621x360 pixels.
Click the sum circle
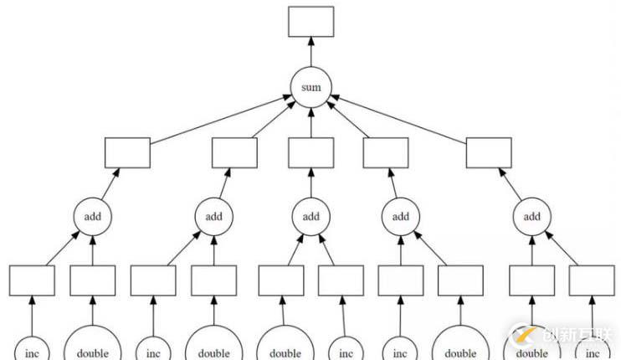click(310, 88)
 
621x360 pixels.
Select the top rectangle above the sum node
click(310, 22)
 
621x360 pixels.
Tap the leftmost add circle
click(93, 216)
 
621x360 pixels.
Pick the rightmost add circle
click(532, 216)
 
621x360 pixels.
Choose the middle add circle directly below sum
click(310, 216)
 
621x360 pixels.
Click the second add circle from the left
click(214, 216)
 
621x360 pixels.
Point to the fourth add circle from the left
click(401, 216)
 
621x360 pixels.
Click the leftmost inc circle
click(32, 347)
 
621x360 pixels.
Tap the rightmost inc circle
click(592, 347)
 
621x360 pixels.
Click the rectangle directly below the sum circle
click(310, 152)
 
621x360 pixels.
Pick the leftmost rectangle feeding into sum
click(127, 152)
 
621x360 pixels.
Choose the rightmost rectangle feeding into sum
click(488, 152)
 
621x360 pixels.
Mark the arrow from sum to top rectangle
click(310, 52)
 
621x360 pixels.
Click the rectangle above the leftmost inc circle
click(32, 280)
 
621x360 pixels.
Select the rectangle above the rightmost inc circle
click(592, 280)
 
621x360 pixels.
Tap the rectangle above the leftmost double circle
click(93, 280)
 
